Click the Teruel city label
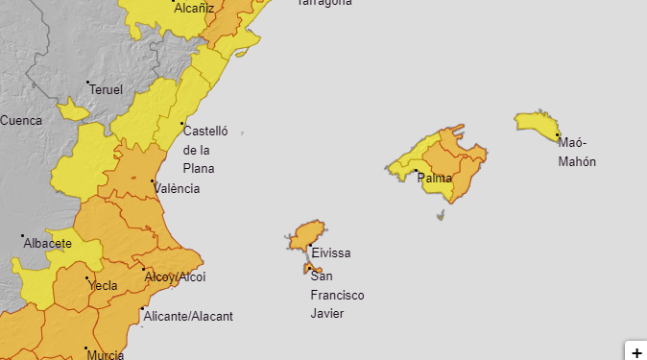click(107, 89)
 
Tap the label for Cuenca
click(21, 120)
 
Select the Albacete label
click(47, 244)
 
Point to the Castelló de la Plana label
click(204, 149)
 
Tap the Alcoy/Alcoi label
click(175, 276)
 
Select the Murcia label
click(105, 354)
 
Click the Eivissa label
click(330, 253)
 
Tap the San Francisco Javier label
click(336, 295)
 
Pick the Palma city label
click(435, 179)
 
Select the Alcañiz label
click(194, 7)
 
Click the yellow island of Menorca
click(536, 124)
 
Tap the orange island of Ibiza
click(307, 234)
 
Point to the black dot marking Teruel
click(88, 84)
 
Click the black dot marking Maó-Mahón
click(557, 135)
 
